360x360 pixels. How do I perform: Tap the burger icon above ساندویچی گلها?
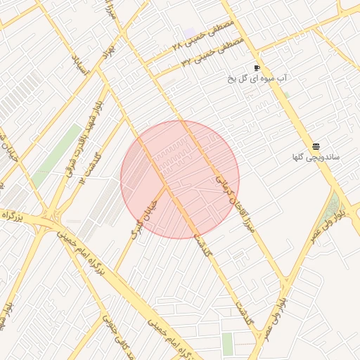pos(316,146)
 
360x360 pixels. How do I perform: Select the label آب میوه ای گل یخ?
pos(259,78)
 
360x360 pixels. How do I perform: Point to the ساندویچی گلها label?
pos(316,157)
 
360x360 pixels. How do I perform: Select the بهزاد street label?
pos(107,56)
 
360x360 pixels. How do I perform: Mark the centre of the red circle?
pos(180,179)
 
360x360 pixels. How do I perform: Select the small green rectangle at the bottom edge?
pos(227,344)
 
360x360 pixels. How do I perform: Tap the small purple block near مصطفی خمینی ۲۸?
pos(190,33)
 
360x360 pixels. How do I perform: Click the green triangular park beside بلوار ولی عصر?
pos(331,207)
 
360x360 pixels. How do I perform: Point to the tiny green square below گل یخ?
pos(285,94)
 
